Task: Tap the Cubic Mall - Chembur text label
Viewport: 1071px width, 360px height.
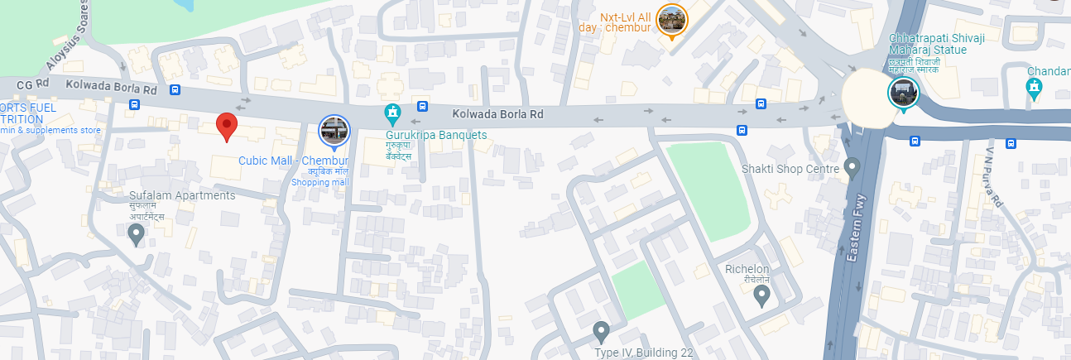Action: click(294, 160)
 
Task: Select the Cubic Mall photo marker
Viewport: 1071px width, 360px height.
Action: click(334, 131)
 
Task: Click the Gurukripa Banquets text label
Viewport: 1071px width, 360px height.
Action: click(436, 135)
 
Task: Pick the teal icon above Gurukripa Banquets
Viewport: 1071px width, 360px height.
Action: click(393, 112)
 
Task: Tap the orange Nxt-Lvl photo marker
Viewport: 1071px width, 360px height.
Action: click(670, 20)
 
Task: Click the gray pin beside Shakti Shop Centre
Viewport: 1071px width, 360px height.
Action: click(852, 169)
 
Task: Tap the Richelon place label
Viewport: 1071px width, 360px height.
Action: click(747, 269)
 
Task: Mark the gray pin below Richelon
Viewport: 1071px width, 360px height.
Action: click(761, 295)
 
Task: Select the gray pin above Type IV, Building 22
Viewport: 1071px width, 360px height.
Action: click(602, 331)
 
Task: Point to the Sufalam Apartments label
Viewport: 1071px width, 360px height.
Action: click(182, 195)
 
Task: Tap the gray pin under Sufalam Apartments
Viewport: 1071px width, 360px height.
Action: click(137, 234)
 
